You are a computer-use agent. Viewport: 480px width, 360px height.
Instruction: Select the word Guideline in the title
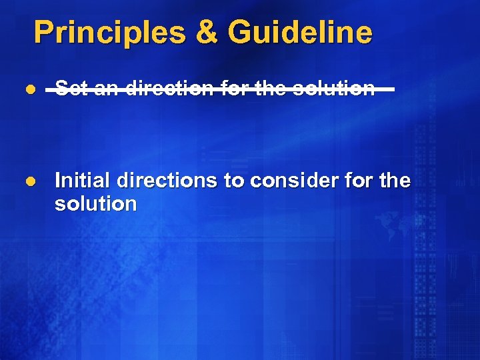click(299, 32)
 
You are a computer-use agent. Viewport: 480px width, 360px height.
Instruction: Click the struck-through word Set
click(71, 89)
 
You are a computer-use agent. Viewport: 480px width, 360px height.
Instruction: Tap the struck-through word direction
click(169, 89)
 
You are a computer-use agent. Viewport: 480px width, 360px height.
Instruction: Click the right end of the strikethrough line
click(393, 89)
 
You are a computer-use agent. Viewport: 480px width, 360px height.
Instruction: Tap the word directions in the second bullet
click(169, 181)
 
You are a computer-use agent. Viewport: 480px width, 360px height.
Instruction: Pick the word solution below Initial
click(95, 204)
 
